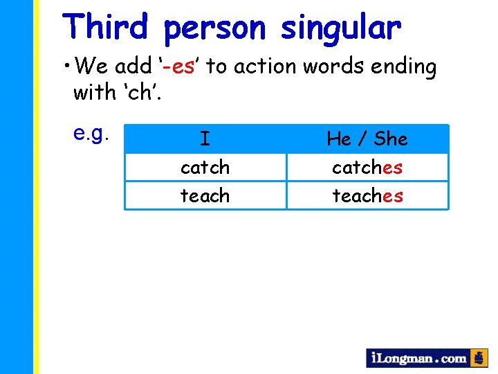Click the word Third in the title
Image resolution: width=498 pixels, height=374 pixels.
click(x=105, y=28)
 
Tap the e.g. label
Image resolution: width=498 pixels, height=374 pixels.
click(x=92, y=133)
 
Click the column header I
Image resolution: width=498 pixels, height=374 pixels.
click(x=205, y=139)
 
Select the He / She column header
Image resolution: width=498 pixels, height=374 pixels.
click(x=367, y=139)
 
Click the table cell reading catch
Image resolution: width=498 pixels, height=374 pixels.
click(x=205, y=168)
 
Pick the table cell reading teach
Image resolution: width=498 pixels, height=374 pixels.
click(x=205, y=196)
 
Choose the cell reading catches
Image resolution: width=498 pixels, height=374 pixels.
click(x=367, y=168)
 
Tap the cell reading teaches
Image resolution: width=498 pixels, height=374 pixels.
click(x=367, y=196)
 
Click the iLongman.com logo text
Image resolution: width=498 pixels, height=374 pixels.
click(x=418, y=358)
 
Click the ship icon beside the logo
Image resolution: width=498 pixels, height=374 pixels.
click(x=479, y=357)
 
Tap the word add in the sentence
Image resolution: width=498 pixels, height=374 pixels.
click(x=133, y=66)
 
